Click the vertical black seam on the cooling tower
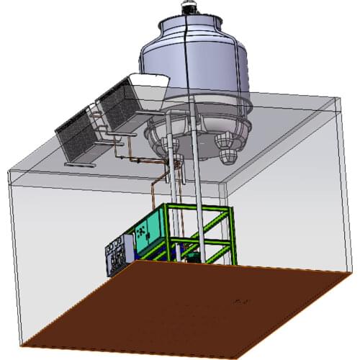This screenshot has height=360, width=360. [189, 72]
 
